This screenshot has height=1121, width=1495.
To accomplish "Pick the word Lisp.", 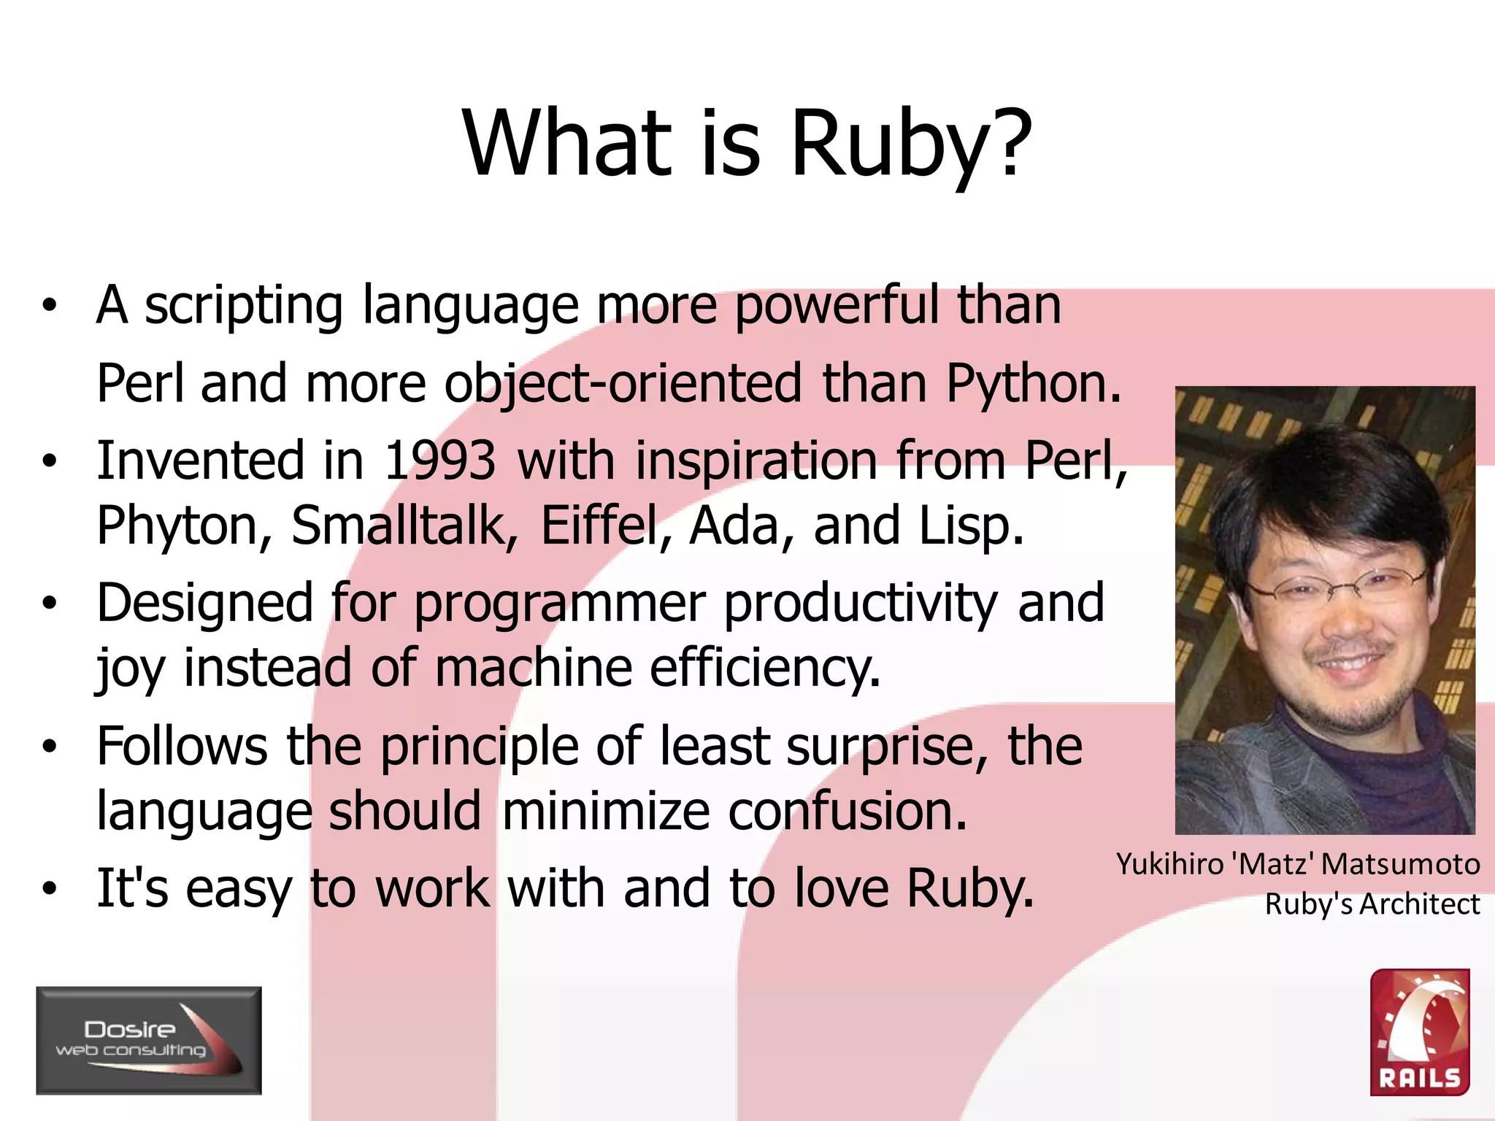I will click(x=971, y=526).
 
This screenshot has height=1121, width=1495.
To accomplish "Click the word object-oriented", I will click(x=623, y=384).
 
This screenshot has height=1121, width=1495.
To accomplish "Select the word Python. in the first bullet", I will click(x=1034, y=384).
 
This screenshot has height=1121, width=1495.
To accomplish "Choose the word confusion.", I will click(x=847, y=812).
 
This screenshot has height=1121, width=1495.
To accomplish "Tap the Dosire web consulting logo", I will click(x=149, y=1040).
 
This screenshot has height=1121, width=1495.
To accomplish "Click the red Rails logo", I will click(x=1419, y=1032).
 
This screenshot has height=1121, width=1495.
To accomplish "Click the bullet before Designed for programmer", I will click(x=49, y=604).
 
